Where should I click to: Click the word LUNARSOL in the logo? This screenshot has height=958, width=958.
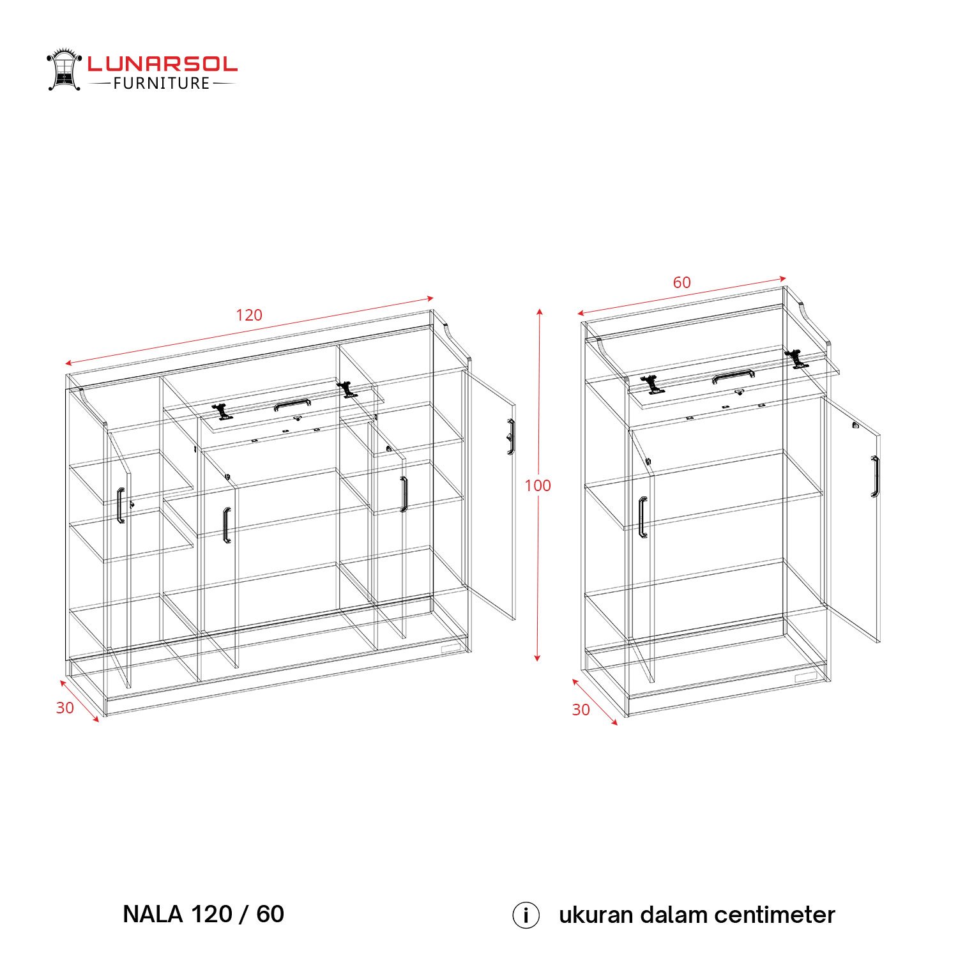pyautogui.click(x=162, y=64)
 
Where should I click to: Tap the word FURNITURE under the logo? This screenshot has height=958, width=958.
pyautogui.click(x=162, y=84)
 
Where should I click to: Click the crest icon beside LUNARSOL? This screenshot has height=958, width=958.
pyautogui.click(x=65, y=68)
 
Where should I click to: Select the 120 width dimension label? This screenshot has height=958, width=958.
pyautogui.click(x=249, y=315)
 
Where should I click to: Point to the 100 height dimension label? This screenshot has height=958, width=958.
pyautogui.click(x=538, y=485)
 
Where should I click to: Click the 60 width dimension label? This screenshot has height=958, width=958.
pyautogui.click(x=681, y=282)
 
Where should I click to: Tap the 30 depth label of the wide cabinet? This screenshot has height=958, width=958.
pyautogui.click(x=65, y=708)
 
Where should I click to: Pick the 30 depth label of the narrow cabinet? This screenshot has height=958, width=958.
pyautogui.click(x=581, y=710)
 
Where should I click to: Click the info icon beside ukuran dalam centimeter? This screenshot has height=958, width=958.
pyautogui.click(x=526, y=915)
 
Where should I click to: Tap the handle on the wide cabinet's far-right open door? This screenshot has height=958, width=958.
pyautogui.click(x=511, y=437)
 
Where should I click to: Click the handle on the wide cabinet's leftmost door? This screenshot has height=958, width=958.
pyautogui.click(x=121, y=506)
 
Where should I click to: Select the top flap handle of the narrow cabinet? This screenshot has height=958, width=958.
pyautogui.click(x=733, y=377)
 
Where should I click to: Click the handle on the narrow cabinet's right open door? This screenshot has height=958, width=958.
pyautogui.click(x=875, y=476)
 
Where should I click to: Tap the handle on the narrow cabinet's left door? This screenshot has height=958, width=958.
pyautogui.click(x=642, y=516)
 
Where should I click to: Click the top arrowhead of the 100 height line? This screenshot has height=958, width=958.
pyautogui.click(x=540, y=312)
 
